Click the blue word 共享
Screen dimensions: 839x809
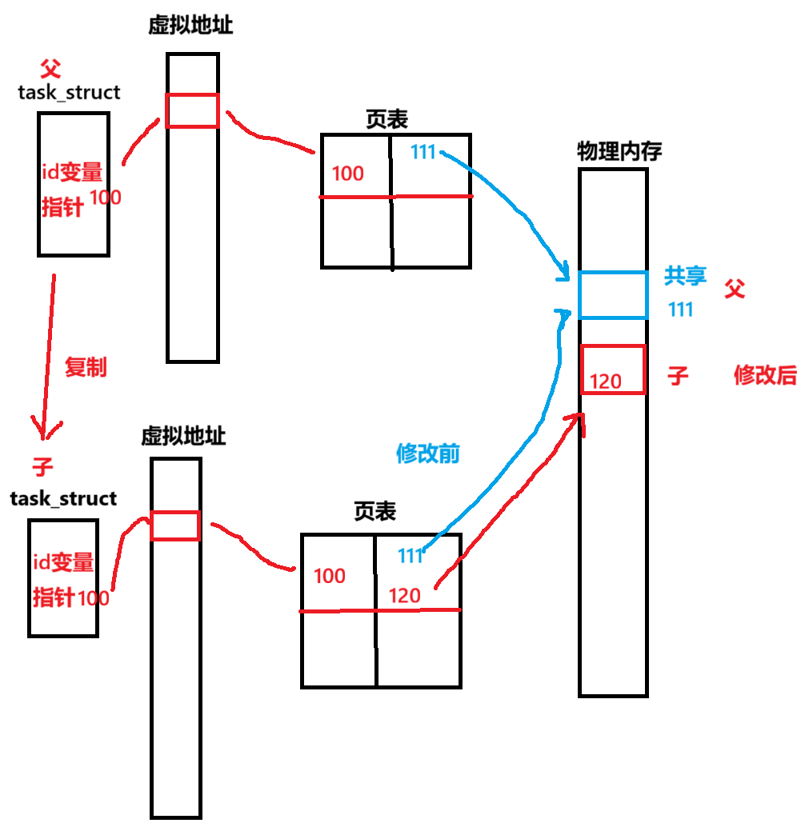click(685, 277)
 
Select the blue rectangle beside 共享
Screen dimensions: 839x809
click(613, 295)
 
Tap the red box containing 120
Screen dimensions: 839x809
click(613, 369)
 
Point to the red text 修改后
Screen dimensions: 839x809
click(765, 375)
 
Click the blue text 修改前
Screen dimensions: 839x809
click(428, 453)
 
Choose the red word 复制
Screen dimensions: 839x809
click(86, 368)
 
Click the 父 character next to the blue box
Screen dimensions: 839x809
click(735, 289)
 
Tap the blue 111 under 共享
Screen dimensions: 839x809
click(680, 310)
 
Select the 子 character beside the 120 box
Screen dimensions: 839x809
click(678, 376)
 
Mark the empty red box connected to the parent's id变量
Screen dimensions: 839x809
click(192, 110)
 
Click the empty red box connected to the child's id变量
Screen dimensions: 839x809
click(175, 525)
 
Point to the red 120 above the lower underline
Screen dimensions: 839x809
click(404, 596)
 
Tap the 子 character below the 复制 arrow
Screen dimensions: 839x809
click(42, 467)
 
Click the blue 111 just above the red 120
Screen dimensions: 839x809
click(411, 555)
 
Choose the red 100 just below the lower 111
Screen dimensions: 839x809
click(329, 576)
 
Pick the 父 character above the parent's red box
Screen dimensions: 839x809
click(50, 69)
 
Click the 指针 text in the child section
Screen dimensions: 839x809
click(53, 597)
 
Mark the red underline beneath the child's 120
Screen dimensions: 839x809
click(380, 610)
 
